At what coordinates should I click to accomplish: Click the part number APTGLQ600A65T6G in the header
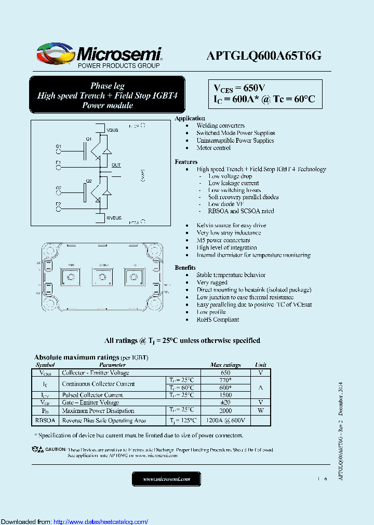point(264,56)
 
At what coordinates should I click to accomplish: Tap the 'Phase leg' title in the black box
point(107,86)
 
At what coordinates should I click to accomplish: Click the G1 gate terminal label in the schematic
point(59,146)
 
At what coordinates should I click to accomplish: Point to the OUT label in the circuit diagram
point(116,165)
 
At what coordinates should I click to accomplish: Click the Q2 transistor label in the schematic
point(89,181)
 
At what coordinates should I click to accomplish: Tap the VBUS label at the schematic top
point(113,130)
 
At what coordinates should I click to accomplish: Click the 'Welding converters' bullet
point(220,126)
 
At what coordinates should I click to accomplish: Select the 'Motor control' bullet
point(213,148)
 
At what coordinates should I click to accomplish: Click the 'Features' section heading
point(186,162)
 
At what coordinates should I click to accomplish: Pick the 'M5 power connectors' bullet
point(223,240)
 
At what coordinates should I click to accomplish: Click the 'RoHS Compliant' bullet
point(218,320)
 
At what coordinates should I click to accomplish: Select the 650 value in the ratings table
point(225,372)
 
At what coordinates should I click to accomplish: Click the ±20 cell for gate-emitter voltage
point(225,403)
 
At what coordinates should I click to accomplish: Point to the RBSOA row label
point(45,420)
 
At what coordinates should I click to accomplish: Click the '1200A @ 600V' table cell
point(225,420)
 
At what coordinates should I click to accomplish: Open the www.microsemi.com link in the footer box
point(166,479)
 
